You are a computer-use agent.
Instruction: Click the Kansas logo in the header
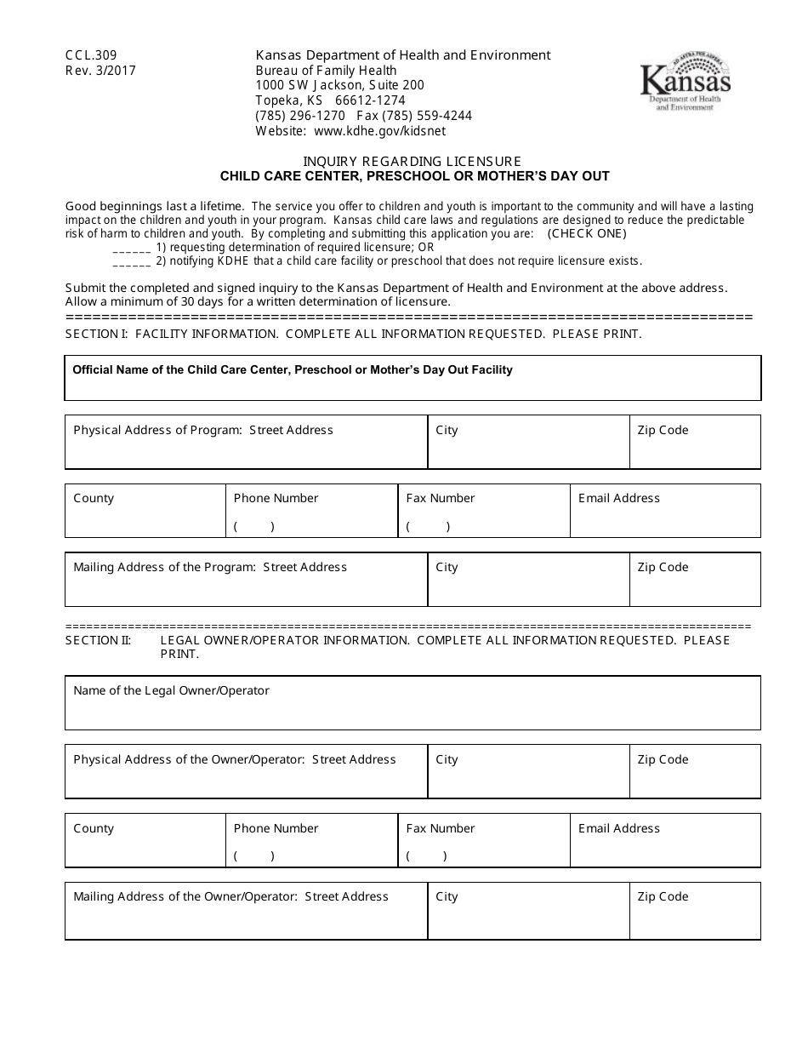click(x=685, y=86)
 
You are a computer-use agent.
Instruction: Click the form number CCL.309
click(x=91, y=55)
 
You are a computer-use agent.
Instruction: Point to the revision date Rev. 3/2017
click(x=100, y=71)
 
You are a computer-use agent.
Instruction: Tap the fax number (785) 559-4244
click(x=414, y=116)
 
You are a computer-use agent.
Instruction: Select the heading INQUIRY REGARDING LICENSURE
click(x=413, y=161)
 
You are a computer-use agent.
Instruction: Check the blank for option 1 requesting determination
click(x=131, y=248)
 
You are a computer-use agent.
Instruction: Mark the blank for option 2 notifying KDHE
click(x=131, y=262)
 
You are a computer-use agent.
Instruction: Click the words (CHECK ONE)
click(x=587, y=233)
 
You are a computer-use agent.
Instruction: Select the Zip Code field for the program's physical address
click(x=695, y=449)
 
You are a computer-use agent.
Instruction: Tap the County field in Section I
click(x=145, y=518)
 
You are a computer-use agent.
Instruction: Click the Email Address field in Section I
click(x=665, y=518)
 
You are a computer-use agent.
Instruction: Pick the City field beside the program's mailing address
click(x=527, y=587)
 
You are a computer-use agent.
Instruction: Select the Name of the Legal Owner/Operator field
click(x=413, y=711)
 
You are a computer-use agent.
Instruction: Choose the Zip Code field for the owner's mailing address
click(x=695, y=918)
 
